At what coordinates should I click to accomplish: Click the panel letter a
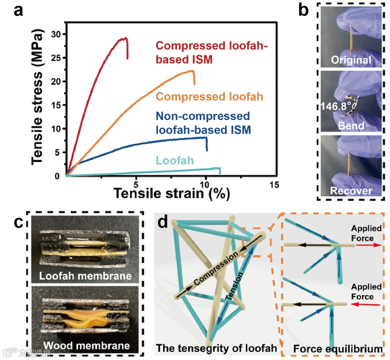click(18, 11)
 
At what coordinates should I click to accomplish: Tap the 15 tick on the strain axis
click(274, 184)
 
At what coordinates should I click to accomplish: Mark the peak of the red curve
click(125, 38)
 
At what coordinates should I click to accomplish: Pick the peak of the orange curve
click(192, 71)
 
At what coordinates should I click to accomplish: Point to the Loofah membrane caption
click(85, 277)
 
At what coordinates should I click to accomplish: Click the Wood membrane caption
click(85, 346)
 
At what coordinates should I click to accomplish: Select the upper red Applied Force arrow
click(368, 245)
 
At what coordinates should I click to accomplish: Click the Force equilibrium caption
click(338, 349)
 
